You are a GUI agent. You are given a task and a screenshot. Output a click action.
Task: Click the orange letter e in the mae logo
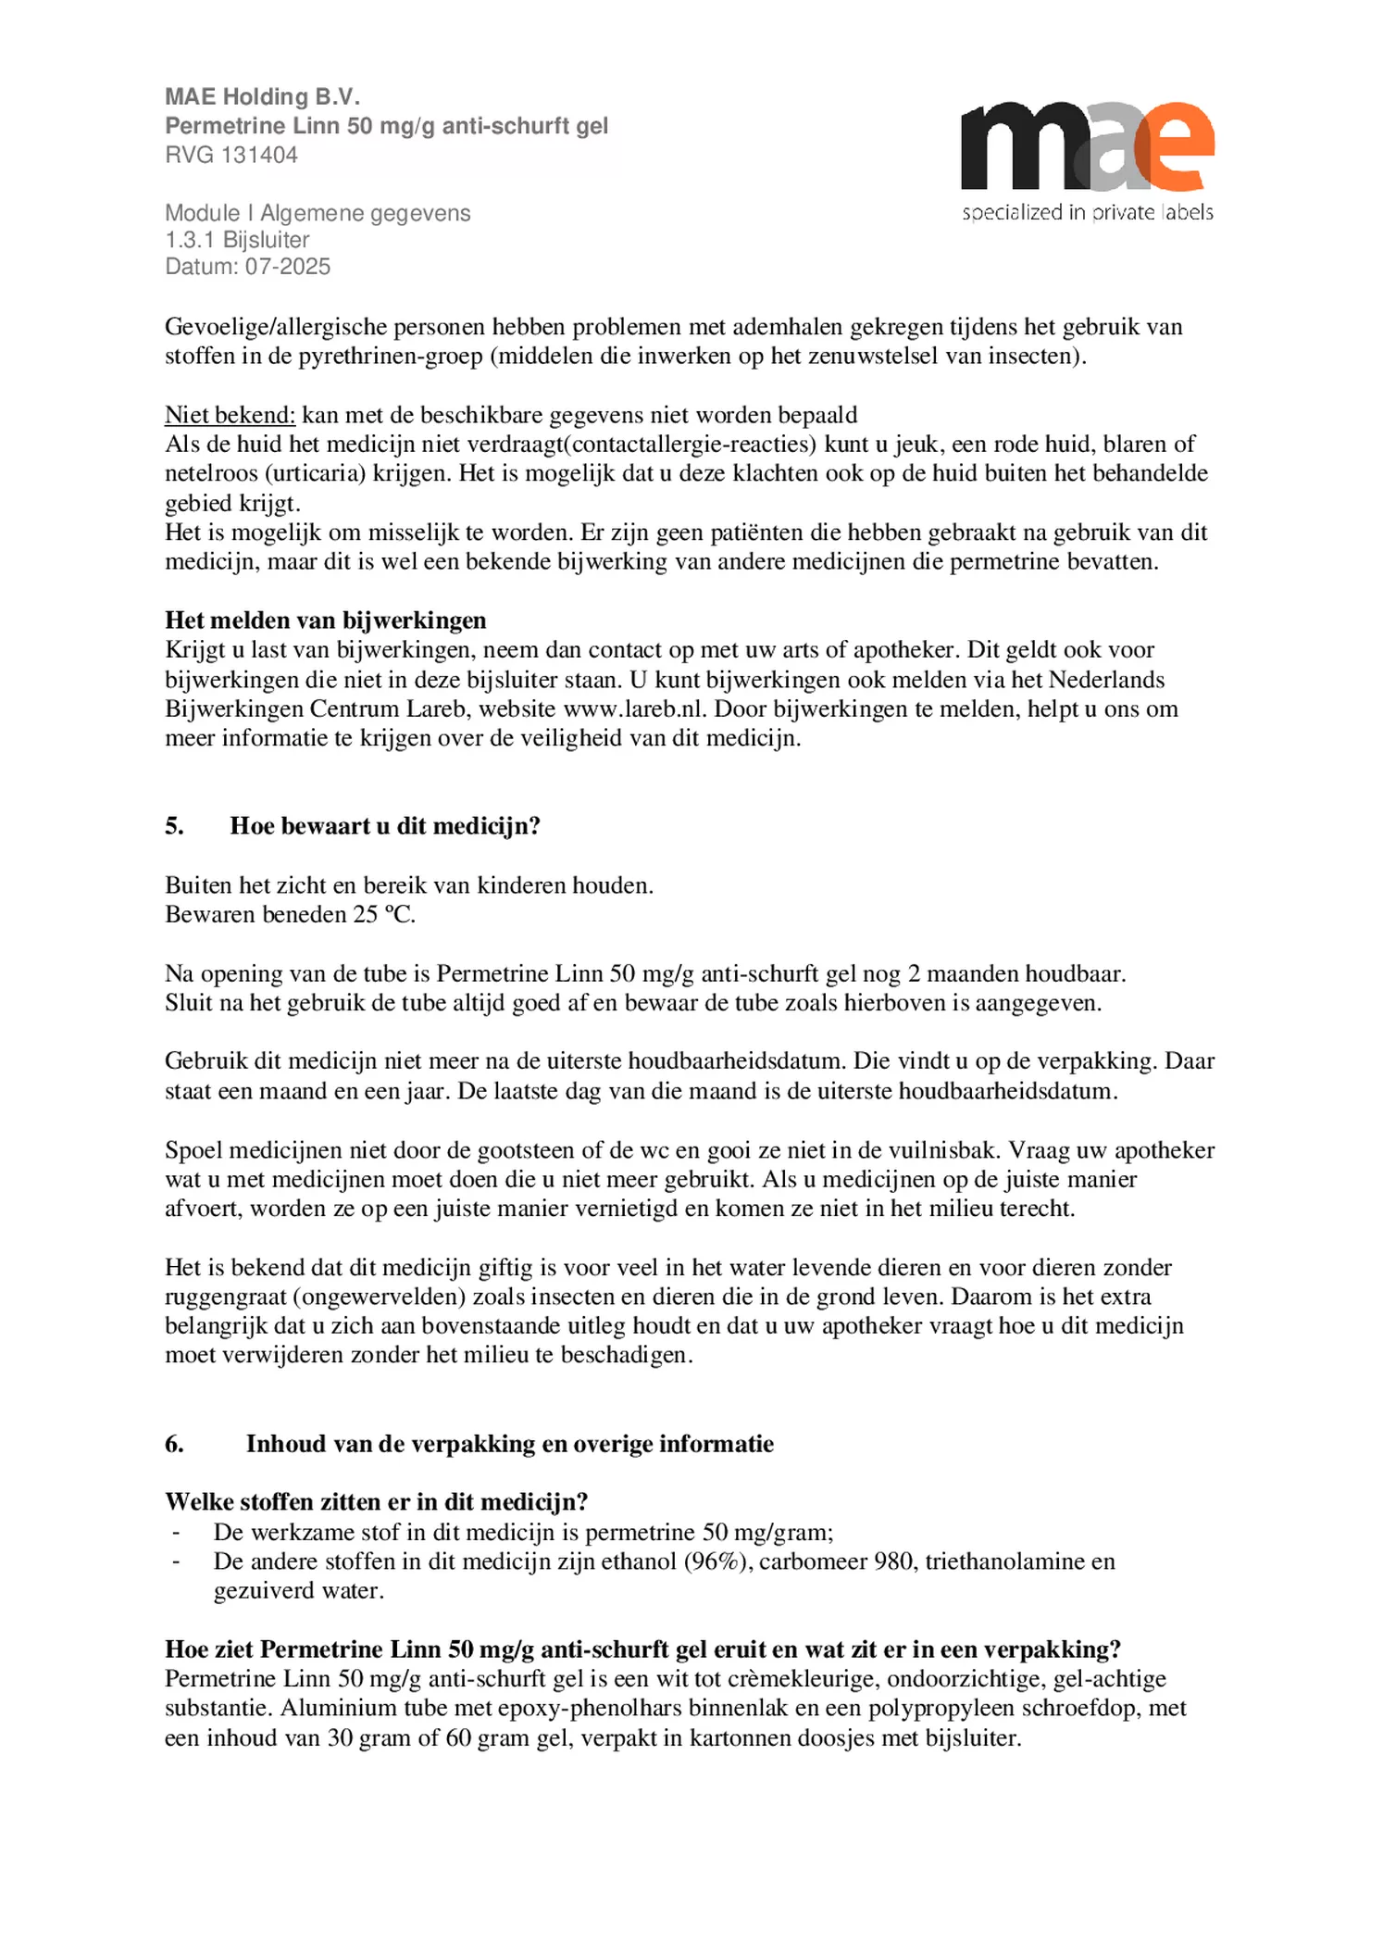(x=1174, y=148)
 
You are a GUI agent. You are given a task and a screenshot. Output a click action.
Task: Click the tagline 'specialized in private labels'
(x=1087, y=212)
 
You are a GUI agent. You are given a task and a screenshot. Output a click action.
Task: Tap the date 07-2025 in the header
(x=288, y=267)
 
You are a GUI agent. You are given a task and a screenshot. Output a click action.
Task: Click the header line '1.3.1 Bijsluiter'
(x=237, y=240)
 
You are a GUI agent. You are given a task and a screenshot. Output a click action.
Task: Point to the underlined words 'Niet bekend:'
(x=230, y=415)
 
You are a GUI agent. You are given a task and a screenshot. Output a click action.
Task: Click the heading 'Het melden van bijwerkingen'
(x=325, y=621)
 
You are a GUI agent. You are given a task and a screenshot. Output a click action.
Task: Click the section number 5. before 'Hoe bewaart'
(x=174, y=826)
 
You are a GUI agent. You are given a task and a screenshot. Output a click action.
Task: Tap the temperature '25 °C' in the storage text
(x=383, y=915)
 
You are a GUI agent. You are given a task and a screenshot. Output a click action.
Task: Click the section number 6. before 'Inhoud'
(x=174, y=1444)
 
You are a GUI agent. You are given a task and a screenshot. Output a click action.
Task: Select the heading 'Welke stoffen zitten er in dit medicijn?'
(x=376, y=1501)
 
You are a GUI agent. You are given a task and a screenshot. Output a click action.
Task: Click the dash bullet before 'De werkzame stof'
(x=175, y=1533)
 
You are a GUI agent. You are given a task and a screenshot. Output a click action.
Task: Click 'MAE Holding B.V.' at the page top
(x=262, y=96)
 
